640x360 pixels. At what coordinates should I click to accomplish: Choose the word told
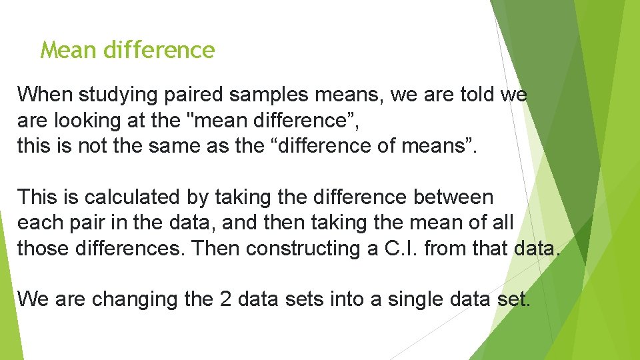point(476,95)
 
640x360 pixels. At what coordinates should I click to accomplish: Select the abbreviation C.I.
point(400,248)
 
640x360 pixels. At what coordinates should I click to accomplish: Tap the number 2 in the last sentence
point(225,299)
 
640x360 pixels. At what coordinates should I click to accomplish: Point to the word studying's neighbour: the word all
point(502,223)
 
